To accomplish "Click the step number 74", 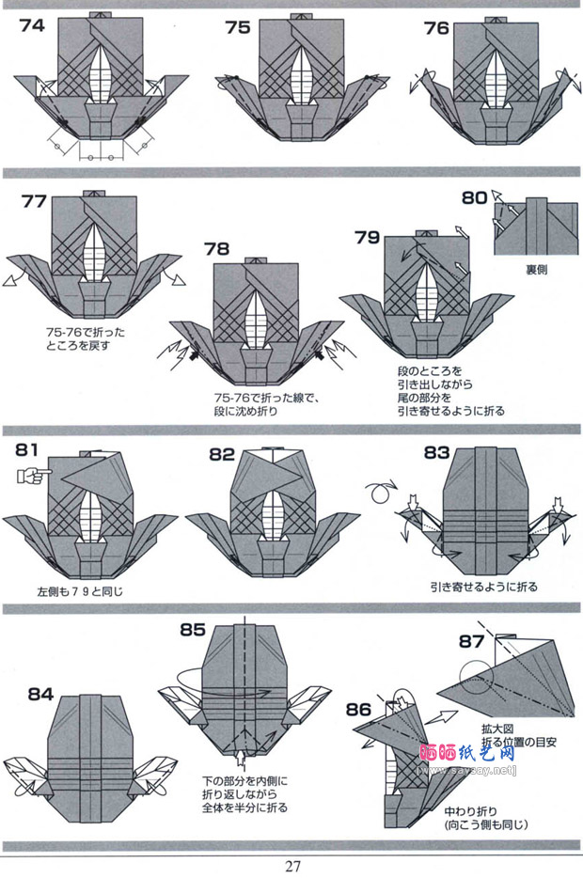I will [31, 25].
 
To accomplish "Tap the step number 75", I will [238, 27].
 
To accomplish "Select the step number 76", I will [437, 28].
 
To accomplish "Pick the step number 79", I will [368, 237].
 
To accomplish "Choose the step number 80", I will [475, 198].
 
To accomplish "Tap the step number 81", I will [28, 449].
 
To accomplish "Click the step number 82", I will [222, 454].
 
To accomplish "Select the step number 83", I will [436, 452].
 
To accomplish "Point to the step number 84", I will [40, 695].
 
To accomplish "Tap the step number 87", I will [472, 642].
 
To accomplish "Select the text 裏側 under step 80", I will [536, 268].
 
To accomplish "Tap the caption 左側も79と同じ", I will [81, 592].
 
